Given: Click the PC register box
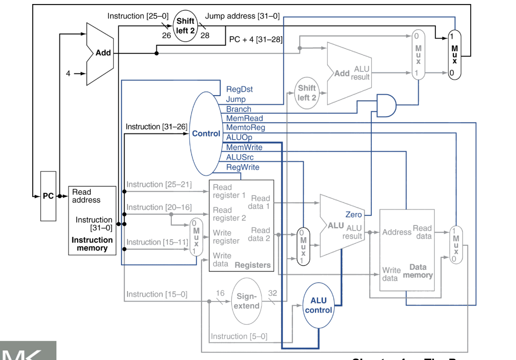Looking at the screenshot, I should pyautogui.click(x=48, y=196).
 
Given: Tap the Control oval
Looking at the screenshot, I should pyautogui.click(x=206, y=133).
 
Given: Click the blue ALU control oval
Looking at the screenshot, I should pyautogui.click(x=318, y=305).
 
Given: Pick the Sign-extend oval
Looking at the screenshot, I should pyautogui.click(x=247, y=301).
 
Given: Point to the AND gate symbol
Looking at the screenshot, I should pyautogui.click(x=385, y=105).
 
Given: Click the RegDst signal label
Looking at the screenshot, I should pyautogui.click(x=239, y=89).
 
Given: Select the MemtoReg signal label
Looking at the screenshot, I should pyautogui.click(x=245, y=128).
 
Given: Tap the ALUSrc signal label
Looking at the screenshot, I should pyautogui.click(x=240, y=157).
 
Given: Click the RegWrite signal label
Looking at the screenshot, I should pyautogui.click(x=243, y=167).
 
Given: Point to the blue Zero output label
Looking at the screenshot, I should pyautogui.click(x=353, y=214).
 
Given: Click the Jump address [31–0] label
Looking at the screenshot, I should pyautogui.click(x=242, y=16).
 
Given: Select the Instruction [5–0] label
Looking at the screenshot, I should pyautogui.click(x=239, y=336).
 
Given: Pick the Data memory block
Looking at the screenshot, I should pyautogui.click(x=407, y=250).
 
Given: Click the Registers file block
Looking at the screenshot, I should pyautogui.click(x=241, y=226).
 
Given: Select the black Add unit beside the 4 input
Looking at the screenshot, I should pyautogui.click(x=100, y=53).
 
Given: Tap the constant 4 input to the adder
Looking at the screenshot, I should pyautogui.click(x=68, y=74).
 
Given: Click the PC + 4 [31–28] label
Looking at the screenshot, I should pyautogui.click(x=255, y=39).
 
